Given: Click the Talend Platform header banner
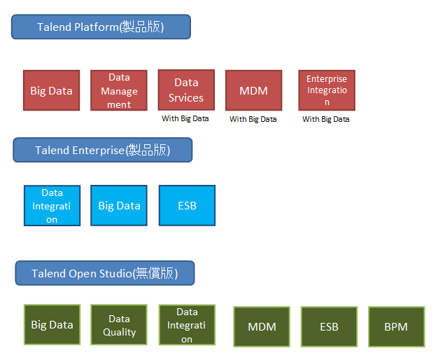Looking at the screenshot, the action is tap(101, 27).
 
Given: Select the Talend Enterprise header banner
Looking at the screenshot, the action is tap(103, 150).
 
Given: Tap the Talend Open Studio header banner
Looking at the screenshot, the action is tap(105, 273).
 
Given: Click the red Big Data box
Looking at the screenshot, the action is tap(51, 90).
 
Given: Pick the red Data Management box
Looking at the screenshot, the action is tap(119, 90).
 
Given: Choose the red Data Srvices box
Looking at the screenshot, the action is tap(186, 90).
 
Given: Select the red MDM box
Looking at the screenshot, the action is tap(254, 90).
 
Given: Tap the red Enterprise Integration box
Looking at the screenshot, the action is tap(327, 90).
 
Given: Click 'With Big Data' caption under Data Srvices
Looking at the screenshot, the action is tap(185, 118).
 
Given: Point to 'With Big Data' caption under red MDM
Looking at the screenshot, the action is tap(253, 119).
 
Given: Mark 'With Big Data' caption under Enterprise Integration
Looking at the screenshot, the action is tap(326, 119).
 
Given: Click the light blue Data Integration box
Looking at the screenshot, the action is tap(52, 206).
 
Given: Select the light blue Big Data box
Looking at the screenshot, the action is tap(119, 206).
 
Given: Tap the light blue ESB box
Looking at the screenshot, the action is tap(187, 206).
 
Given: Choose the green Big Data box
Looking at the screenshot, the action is tap(52, 325).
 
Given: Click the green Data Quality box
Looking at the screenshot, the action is tap(119, 325).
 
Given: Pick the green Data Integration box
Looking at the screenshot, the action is tap(187, 325).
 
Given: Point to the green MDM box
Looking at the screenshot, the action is tap(262, 326).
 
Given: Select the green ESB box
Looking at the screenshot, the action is tap(329, 326).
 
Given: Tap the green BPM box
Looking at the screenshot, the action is tap(397, 326).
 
